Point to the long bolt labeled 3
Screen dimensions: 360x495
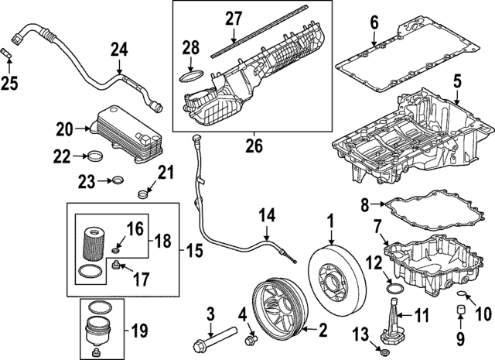[x=220, y=338]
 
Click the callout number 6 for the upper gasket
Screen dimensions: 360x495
[x=374, y=22]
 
